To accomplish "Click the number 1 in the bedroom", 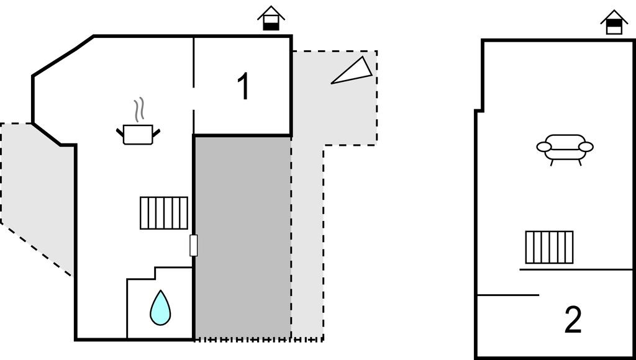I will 243,87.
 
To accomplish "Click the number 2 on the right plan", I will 573,320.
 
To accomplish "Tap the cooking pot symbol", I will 138,134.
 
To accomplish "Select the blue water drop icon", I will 160,308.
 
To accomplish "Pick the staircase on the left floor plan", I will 164,213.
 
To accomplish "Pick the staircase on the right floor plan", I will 549,247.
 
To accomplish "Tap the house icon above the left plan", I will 271,19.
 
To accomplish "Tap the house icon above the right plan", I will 614,22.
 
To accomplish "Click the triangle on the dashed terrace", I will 354,71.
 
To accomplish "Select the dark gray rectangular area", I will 242,236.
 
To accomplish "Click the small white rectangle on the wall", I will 194,246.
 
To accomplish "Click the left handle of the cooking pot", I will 120,132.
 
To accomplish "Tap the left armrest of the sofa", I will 544,147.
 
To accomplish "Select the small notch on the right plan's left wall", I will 479,110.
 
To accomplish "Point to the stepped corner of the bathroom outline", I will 155,274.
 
